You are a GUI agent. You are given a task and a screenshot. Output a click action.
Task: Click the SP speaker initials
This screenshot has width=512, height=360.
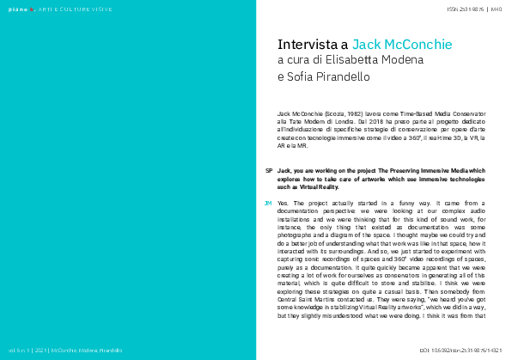point(269,171)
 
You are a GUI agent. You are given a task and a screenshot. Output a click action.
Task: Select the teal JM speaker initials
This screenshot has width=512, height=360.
point(269,203)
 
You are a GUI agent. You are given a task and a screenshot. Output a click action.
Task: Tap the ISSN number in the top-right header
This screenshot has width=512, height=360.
point(465,9)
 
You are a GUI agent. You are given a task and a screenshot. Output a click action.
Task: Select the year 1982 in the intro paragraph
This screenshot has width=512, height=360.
point(345,113)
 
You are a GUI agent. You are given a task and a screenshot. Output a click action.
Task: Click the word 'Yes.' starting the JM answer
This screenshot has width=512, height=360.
point(283,203)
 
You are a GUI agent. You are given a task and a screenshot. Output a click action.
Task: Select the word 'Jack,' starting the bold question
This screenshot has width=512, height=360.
point(285,171)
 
